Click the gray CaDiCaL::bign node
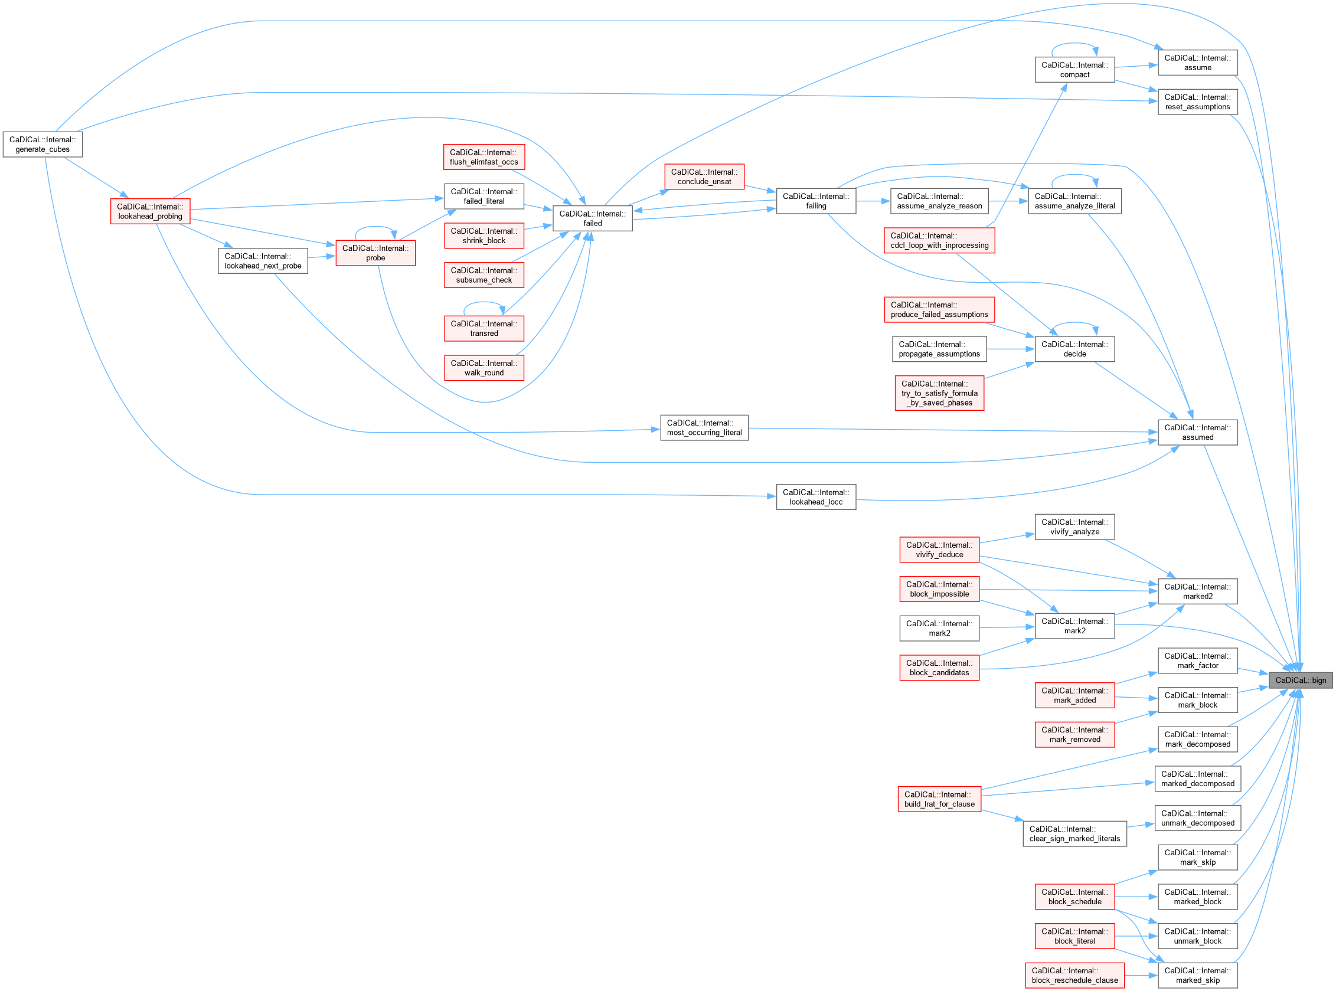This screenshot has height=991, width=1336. coord(1300,681)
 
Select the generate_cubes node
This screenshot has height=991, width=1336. coord(43,145)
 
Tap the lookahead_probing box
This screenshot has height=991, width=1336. coord(150,211)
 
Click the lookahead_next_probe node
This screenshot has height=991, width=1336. coord(263,261)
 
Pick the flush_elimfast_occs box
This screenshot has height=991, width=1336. coord(484,157)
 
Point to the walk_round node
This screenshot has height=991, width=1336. coord(484,368)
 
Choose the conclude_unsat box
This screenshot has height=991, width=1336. coord(704,177)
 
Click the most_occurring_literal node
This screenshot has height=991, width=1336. coord(704,428)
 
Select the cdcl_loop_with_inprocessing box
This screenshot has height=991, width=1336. coord(939,241)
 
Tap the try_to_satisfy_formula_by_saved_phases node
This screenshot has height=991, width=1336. coord(939,393)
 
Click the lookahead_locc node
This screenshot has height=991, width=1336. coord(816,497)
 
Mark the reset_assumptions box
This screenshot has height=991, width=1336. coord(1197,102)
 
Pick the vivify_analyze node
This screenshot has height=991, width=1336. coord(1074,526)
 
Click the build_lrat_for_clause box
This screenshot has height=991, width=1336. coord(939,799)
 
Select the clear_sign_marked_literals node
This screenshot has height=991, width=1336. coord(1074,834)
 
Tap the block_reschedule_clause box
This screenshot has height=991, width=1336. coord(1074,976)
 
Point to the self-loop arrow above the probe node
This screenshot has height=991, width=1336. coord(375,227)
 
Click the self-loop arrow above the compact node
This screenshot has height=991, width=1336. coord(1074,44)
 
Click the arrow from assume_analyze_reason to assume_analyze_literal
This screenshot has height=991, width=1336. coord(1008,201)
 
